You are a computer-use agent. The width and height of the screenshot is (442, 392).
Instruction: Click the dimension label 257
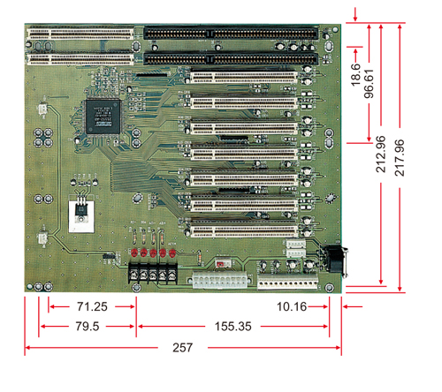point(182,348)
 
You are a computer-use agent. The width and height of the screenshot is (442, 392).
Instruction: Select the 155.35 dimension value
point(232,327)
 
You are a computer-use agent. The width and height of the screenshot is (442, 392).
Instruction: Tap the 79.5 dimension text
point(88,327)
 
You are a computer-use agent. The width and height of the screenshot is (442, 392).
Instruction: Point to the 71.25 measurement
point(92,306)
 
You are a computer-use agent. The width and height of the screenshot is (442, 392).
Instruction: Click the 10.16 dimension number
point(292,306)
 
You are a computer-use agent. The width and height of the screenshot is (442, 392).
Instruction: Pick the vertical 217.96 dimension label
point(400,158)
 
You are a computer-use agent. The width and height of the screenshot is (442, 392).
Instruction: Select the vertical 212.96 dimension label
point(381,154)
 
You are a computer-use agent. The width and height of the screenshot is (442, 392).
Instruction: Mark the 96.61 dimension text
point(369,84)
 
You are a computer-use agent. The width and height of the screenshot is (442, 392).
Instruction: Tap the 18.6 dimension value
point(355,75)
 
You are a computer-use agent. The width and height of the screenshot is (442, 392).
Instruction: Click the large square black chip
point(103,117)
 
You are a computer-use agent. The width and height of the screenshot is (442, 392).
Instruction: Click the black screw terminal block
point(153,274)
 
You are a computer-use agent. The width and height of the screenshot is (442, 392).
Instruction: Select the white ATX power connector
point(220,280)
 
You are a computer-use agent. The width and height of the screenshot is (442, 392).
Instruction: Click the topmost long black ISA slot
point(231,34)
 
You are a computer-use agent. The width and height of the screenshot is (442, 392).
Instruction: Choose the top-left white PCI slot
point(80,34)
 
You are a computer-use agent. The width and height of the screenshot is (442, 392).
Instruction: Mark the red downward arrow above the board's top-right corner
point(355,14)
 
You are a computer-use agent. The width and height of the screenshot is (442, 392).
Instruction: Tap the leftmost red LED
point(134,253)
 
